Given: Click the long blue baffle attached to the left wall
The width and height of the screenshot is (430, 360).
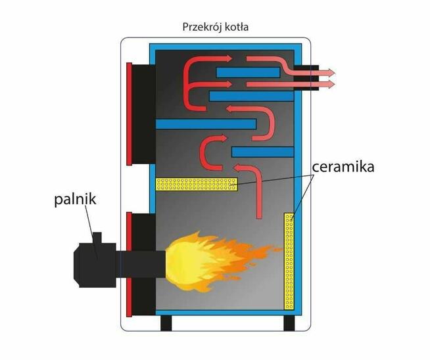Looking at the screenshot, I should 205,124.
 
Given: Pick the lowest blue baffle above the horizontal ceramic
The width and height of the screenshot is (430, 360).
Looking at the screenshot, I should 262,152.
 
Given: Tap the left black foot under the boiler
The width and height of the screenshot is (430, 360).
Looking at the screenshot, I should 167,323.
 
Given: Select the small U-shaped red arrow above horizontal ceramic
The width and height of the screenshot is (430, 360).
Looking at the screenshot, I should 208,152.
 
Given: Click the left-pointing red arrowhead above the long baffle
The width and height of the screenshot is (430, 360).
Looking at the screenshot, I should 230,109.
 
